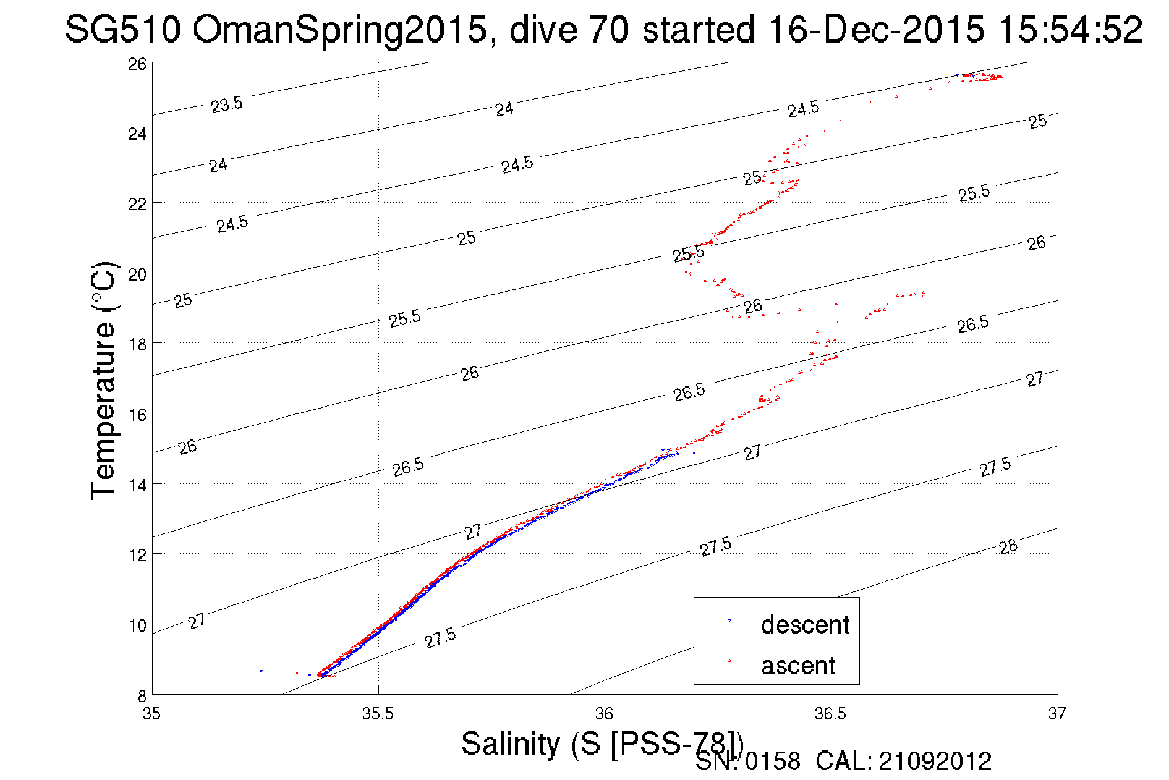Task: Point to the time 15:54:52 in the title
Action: (1070, 30)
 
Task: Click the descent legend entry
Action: (804, 625)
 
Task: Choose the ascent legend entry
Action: (797, 666)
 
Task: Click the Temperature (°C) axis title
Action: (104, 380)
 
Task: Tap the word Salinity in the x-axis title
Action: (511, 743)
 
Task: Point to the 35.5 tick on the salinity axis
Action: (378, 714)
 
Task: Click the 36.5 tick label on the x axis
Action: (830, 714)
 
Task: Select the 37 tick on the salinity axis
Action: (1056, 714)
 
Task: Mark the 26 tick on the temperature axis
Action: (137, 64)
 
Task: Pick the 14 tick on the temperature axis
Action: (137, 485)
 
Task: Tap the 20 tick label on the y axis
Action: (137, 274)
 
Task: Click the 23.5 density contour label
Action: (227, 104)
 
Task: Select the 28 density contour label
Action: (1008, 546)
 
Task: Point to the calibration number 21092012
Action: (935, 761)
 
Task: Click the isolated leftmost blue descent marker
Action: (261, 671)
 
